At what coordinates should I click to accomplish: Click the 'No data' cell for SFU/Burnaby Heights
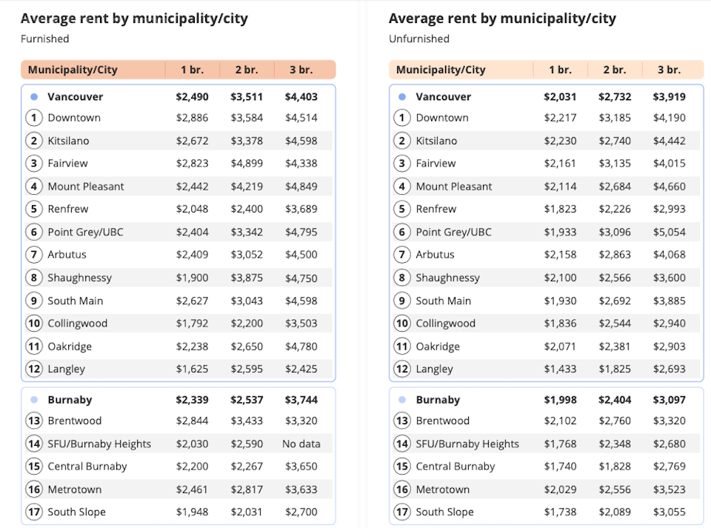[x=301, y=444]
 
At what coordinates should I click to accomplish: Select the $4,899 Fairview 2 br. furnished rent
[x=247, y=163]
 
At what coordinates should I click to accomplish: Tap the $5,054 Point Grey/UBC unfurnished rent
[x=669, y=232]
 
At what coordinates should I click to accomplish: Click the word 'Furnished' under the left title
[x=44, y=39]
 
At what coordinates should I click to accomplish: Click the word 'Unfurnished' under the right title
[x=418, y=39]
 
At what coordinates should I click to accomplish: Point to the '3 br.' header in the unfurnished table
[x=669, y=70]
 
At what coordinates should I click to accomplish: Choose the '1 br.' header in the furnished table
[x=192, y=70]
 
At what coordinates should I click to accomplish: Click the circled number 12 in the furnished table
[x=33, y=369]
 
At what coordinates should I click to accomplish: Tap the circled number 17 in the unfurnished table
[x=401, y=512]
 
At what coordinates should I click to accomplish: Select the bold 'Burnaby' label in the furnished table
[x=70, y=400]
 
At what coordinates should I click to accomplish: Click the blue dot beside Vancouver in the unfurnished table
[x=402, y=97]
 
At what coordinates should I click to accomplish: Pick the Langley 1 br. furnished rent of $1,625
[x=192, y=369]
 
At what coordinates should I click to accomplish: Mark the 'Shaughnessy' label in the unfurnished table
[x=447, y=278]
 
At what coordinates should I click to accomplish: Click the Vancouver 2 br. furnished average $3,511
[x=247, y=96]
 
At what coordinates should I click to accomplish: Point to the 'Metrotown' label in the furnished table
[x=75, y=489]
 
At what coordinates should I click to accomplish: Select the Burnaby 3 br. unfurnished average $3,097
[x=669, y=400]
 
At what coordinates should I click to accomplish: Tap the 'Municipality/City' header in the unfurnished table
[x=441, y=70]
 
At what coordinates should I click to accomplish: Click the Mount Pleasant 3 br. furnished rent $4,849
[x=301, y=186]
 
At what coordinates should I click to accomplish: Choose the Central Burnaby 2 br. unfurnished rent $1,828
[x=615, y=467]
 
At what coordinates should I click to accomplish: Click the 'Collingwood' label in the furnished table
[x=78, y=323]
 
